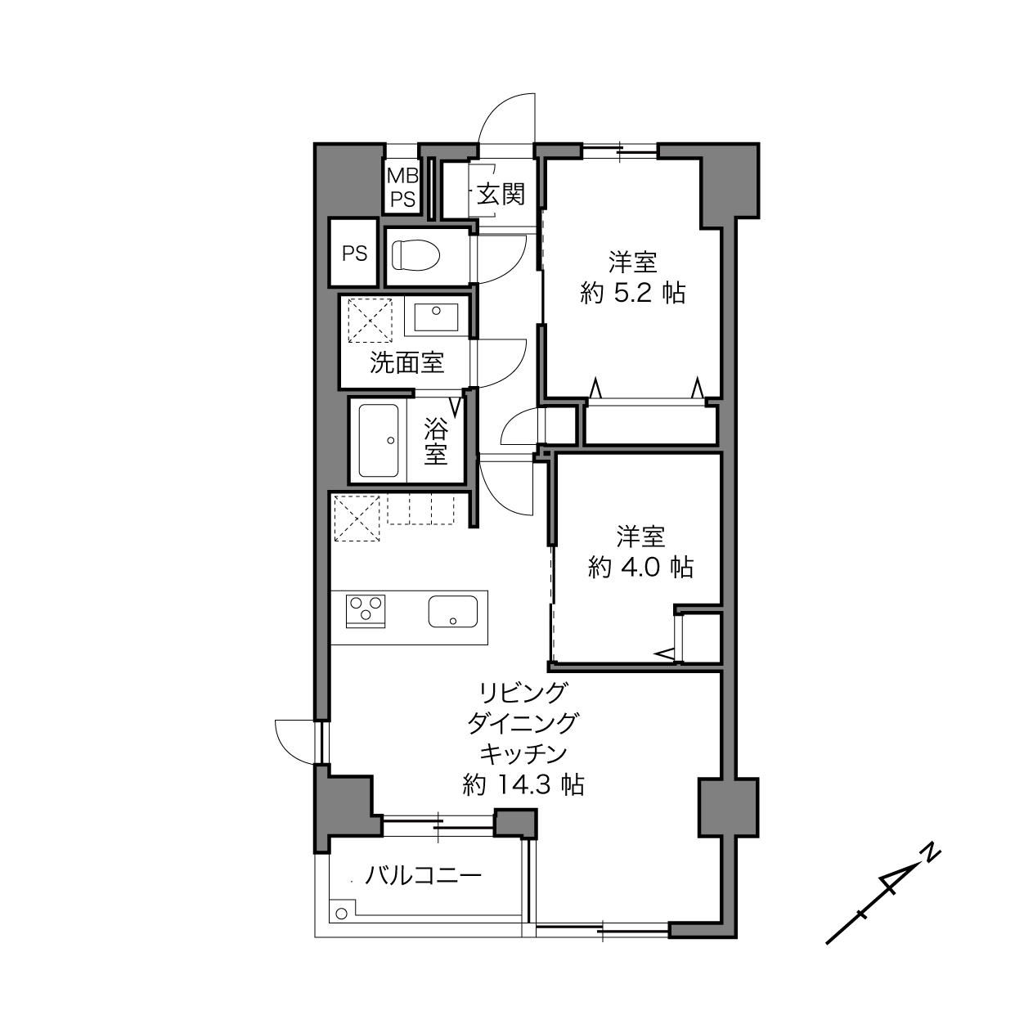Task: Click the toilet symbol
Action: click(x=415, y=255)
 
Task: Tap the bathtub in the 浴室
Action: click(x=379, y=441)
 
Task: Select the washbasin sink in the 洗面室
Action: click(x=436, y=317)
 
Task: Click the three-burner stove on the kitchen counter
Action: click(x=366, y=611)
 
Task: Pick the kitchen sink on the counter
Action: click(x=453, y=611)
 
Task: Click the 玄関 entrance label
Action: click(x=501, y=194)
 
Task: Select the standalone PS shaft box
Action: click(x=354, y=253)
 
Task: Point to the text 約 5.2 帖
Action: click(x=633, y=293)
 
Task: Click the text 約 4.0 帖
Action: click(x=640, y=568)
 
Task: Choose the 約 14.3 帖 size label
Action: click(x=523, y=784)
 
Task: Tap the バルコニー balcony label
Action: click(x=424, y=875)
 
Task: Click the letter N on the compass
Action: click(x=929, y=853)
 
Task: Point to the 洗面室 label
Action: click(x=406, y=363)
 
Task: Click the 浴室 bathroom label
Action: click(x=435, y=441)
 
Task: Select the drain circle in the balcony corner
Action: click(x=342, y=914)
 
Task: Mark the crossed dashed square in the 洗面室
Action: click(x=370, y=321)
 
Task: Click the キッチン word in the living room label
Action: click(x=523, y=753)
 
